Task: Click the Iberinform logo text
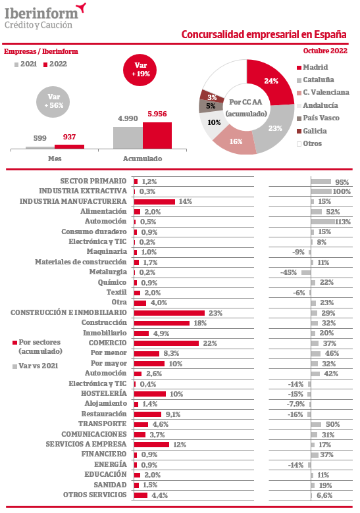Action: pos(41,14)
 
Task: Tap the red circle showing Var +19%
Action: pos(140,70)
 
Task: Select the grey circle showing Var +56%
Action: pos(53,101)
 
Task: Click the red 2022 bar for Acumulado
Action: pos(157,135)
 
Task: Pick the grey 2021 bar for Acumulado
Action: pos(128,137)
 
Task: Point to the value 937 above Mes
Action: pos(69,137)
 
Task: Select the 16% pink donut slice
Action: pos(235,142)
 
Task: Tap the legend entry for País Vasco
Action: pos(318,118)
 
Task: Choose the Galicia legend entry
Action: pos(311,131)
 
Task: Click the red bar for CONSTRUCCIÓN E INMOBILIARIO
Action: pos(169,313)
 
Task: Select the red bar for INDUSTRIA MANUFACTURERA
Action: pos(155,201)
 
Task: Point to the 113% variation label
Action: pos(343,222)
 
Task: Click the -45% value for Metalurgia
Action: pos(288,272)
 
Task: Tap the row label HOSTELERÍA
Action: pos(104,393)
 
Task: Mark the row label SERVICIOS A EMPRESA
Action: pos(86,444)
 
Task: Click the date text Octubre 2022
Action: pos(325,51)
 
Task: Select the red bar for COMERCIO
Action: pos(167,343)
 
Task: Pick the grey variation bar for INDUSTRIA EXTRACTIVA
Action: pos(321,191)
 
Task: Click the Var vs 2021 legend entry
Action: pos(36,366)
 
